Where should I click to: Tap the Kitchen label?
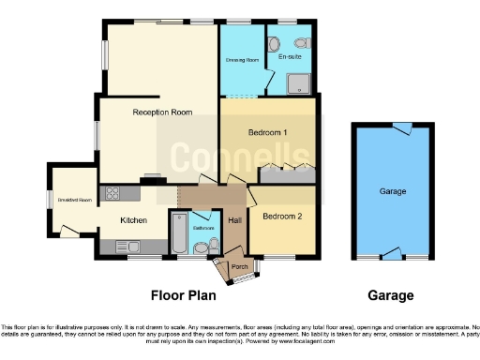pos(133,220)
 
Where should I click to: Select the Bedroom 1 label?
pos(267,133)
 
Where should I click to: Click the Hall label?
pos(234,220)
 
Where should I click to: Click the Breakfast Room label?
pos(74,200)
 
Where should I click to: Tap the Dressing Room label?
pos(240,60)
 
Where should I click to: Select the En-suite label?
pos(290,57)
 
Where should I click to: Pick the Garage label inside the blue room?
pos(392,191)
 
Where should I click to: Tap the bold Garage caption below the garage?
pos(391,295)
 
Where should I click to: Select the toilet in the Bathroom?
pos(212,247)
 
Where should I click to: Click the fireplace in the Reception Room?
pos(150,178)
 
